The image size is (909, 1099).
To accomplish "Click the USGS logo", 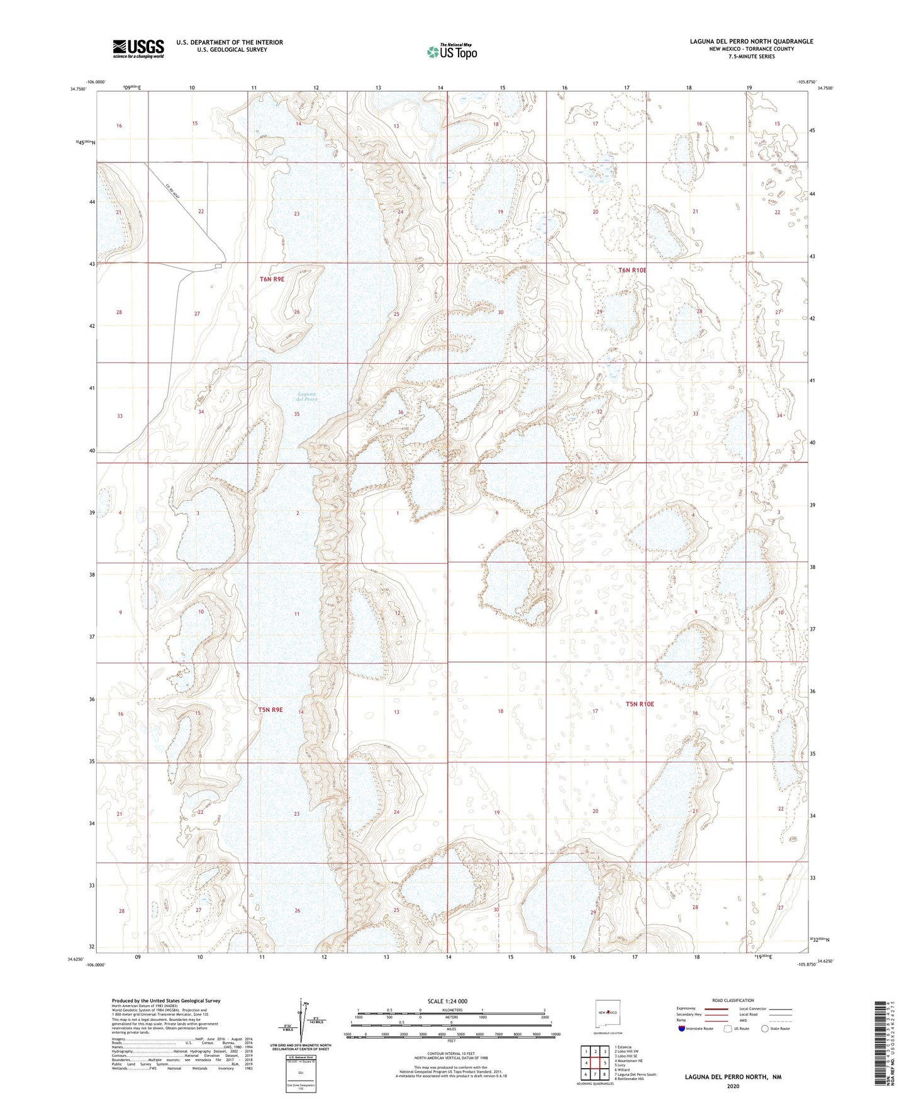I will [x=138, y=48].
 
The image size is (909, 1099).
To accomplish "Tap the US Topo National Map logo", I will [x=451, y=52].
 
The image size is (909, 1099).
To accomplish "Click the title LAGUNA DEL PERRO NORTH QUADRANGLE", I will [x=751, y=42].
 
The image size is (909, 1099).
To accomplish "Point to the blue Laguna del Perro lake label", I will [x=308, y=397].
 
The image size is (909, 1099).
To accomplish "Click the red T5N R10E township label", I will [x=640, y=704].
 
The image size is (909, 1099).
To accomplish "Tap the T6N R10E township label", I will [x=632, y=270].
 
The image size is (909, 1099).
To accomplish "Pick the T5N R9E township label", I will [x=270, y=709].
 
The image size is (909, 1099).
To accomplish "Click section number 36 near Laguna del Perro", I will [x=401, y=412].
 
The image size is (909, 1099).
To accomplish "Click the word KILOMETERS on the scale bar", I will [x=451, y=1010].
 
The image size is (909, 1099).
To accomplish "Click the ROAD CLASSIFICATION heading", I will [x=733, y=1000].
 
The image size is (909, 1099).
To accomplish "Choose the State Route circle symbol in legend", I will [x=765, y=1029].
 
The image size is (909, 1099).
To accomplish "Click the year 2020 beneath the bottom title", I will [x=733, y=1086].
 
